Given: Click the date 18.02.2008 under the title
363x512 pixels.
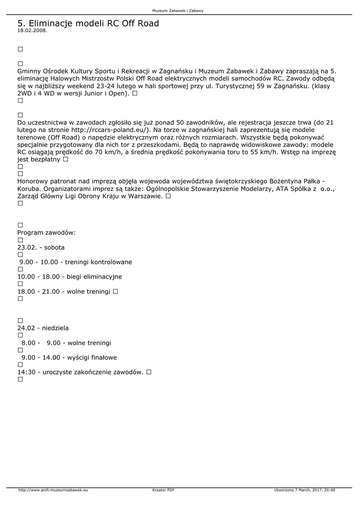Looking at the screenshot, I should [32, 30].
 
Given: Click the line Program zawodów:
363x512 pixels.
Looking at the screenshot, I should [47, 233].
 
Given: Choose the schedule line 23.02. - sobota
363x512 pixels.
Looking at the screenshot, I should [41, 247].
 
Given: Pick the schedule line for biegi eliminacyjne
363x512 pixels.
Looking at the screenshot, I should [70, 276].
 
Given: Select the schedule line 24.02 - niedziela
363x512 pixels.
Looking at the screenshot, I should [43, 328].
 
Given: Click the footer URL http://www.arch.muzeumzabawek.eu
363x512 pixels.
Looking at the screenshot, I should [53, 490].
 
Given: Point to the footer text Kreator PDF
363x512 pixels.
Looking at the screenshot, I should [163, 490].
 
